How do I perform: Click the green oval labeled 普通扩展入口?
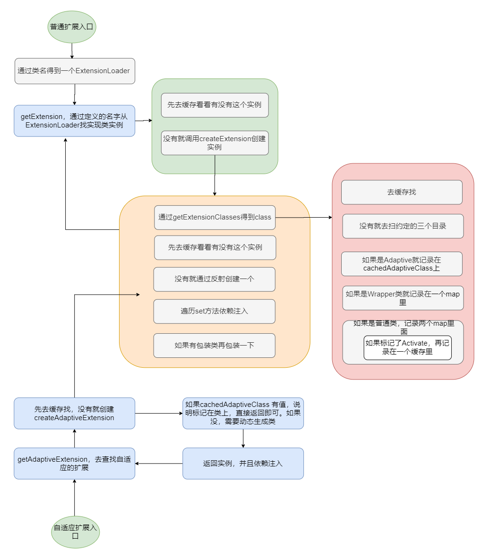point(72,27)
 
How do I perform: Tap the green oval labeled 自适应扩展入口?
point(75,532)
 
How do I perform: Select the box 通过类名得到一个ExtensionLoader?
point(75,71)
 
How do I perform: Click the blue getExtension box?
point(74,121)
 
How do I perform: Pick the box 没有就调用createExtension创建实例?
point(215,143)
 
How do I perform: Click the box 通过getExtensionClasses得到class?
point(215,218)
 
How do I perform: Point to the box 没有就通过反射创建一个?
point(214,279)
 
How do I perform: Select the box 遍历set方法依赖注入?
point(214,312)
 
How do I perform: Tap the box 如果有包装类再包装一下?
point(214,346)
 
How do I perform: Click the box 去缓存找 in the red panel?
point(402,192)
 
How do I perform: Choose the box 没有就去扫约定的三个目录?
point(403,226)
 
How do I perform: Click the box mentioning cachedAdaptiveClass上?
point(402,264)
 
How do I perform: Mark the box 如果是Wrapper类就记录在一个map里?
point(403,298)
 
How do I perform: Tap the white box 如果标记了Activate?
point(407,348)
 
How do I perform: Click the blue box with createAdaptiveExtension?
point(74,414)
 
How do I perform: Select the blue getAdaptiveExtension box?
point(74,464)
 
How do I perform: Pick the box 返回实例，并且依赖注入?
point(243,464)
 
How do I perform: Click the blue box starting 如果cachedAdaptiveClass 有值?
point(243,414)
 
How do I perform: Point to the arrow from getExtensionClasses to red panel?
point(303,218)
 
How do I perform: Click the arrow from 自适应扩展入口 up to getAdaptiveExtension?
point(75,498)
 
